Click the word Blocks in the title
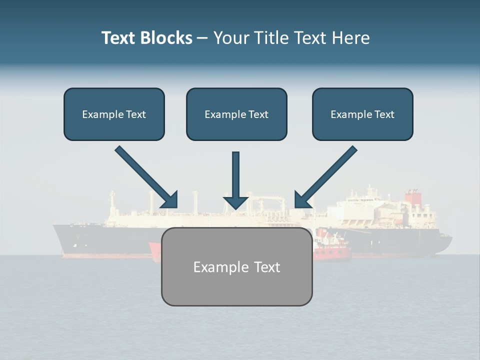167,38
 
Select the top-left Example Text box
114,114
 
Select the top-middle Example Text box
236,114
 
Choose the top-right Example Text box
362,114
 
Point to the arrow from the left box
146,176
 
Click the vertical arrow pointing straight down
235,180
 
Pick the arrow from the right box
326,176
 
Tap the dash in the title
202,38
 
